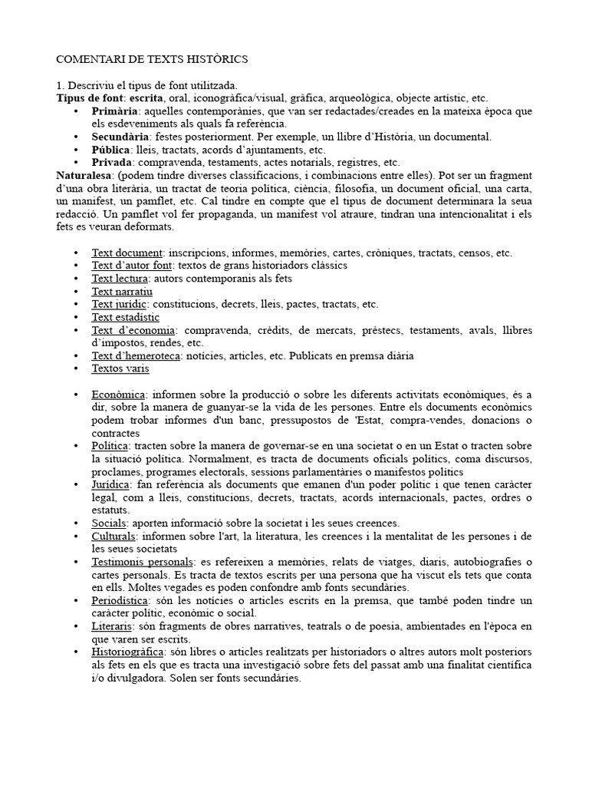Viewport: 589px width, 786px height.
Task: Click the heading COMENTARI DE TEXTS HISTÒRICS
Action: pyautogui.click(x=153, y=59)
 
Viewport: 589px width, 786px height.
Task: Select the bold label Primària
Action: pyautogui.click(x=115, y=111)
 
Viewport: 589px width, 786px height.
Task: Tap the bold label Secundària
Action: pyautogui.click(x=121, y=137)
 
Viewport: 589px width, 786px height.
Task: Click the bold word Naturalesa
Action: pyautogui.click(x=86, y=176)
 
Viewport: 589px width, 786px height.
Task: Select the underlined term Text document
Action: pyautogui.click(x=127, y=253)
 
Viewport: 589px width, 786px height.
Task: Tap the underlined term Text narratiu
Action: pyautogui.click(x=122, y=291)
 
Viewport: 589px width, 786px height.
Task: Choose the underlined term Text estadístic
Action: pyautogui.click(x=126, y=317)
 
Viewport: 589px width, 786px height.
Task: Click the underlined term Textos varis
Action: pyautogui.click(x=120, y=368)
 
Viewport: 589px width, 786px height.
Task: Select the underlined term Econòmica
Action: pyautogui.click(x=118, y=395)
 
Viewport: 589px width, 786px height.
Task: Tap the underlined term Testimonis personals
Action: pyautogui.click(x=142, y=563)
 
